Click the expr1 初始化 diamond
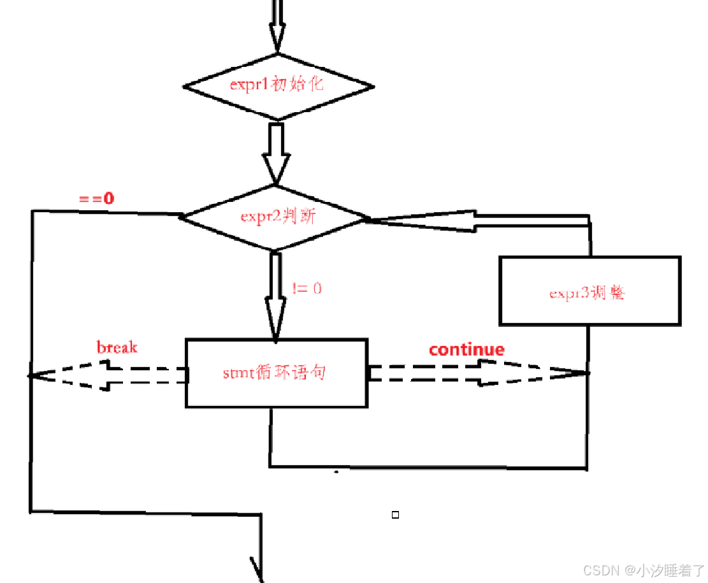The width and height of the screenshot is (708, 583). click(278, 87)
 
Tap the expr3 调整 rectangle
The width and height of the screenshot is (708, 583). click(589, 291)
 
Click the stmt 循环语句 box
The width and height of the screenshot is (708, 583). click(276, 373)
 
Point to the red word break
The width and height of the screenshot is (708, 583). click(117, 347)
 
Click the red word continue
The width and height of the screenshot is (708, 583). click(466, 349)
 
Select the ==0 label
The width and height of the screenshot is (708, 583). click(96, 198)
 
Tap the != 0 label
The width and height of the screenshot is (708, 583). click(307, 288)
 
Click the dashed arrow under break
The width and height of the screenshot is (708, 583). click(108, 375)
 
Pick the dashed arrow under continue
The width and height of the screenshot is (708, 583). click(478, 373)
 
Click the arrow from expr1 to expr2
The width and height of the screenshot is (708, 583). click(276, 153)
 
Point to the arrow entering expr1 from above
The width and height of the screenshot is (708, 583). click(276, 29)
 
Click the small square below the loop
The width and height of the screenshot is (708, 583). click(395, 515)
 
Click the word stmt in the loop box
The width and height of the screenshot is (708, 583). click(237, 373)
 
